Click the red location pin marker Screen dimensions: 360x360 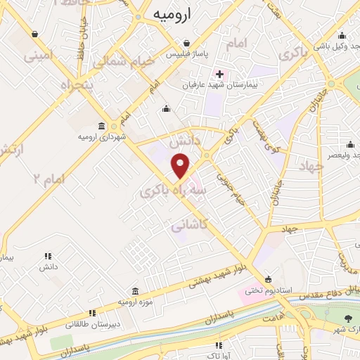181,166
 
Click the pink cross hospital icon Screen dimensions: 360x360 219,73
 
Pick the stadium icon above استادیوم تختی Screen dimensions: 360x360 269,278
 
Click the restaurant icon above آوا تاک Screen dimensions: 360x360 219,345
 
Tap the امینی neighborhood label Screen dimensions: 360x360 39,54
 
